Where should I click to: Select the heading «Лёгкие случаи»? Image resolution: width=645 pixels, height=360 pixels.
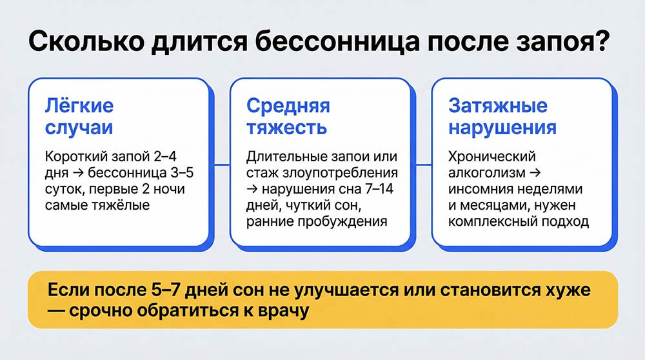click(80, 116)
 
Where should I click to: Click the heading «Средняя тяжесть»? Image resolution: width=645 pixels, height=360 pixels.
click(288, 116)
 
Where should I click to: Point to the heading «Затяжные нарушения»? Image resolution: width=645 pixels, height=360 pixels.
click(502, 116)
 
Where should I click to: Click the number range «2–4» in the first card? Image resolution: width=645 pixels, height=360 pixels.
click(175, 157)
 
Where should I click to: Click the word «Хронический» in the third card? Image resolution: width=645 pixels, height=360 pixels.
click(493, 157)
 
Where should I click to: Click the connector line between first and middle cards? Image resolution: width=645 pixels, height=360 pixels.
click(220, 165)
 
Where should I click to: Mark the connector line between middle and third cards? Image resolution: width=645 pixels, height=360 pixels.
click(421, 165)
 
